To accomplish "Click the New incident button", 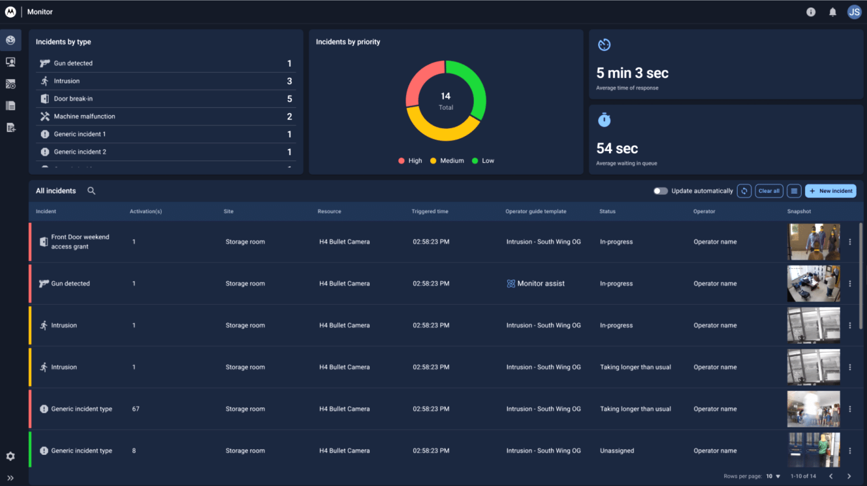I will point(831,191).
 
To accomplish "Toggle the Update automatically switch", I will point(660,191).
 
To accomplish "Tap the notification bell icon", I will point(832,12).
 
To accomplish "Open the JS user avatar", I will point(854,12).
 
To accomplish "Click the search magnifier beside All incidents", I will point(91,191).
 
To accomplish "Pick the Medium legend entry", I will point(447,161).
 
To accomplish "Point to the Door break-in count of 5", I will point(290,99).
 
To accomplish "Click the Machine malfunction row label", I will point(85,117).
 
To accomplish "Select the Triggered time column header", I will point(430,211).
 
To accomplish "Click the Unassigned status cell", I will point(617,451).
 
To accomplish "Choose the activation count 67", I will point(136,409).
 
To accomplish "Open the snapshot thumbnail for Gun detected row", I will point(813,284).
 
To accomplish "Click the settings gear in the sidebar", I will point(10,456).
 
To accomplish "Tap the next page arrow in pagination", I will point(849,476).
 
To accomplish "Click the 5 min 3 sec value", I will point(632,73).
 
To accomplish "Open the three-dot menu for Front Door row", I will point(850,242).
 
